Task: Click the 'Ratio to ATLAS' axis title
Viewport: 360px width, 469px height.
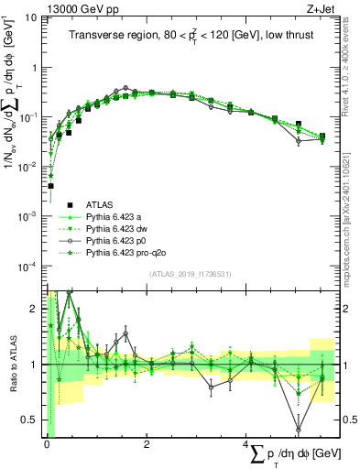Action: (12, 365)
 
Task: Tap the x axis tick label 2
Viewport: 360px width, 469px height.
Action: (147, 445)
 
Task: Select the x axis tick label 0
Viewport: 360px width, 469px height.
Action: (46, 445)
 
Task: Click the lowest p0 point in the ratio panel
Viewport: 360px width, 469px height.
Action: (298, 429)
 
